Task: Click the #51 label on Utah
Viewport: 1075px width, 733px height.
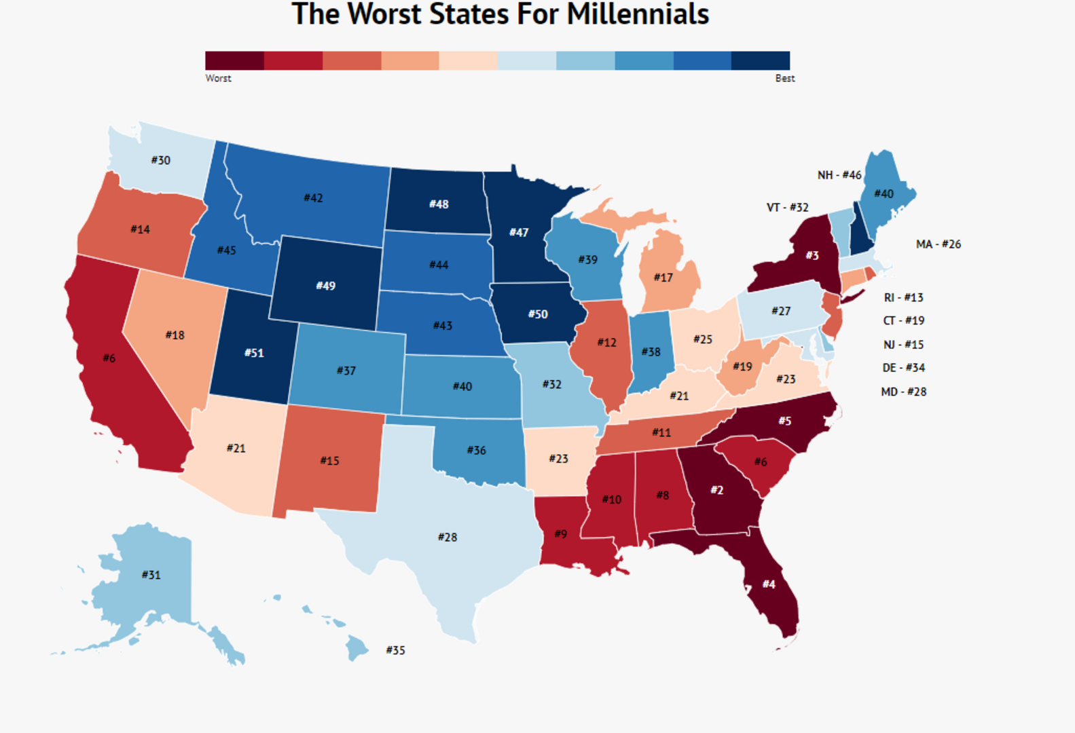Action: click(x=254, y=353)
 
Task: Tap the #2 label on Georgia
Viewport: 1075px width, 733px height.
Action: click(x=716, y=490)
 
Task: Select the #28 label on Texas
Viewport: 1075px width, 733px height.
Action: click(x=447, y=537)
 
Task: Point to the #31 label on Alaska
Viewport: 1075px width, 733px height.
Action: click(x=151, y=575)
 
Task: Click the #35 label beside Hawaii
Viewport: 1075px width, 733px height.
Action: click(x=395, y=650)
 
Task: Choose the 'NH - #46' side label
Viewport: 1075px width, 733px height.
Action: click(x=839, y=175)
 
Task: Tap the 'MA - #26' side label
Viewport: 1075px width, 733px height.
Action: click(x=938, y=244)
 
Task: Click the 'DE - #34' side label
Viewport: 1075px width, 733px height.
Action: click(x=903, y=368)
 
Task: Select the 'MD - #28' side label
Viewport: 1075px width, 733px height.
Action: click(x=903, y=392)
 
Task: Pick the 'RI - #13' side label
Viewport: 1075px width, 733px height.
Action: click(x=903, y=297)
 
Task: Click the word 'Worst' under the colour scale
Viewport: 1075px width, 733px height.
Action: click(x=218, y=79)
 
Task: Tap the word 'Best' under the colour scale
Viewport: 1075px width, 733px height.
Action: click(x=784, y=79)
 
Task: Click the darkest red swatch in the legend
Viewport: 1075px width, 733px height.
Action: click(x=234, y=60)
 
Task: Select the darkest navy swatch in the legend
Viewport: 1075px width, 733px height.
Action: click(x=761, y=60)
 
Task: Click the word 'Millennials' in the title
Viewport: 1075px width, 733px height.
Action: click(x=638, y=15)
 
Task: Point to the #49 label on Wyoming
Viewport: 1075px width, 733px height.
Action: click(x=325, y=286)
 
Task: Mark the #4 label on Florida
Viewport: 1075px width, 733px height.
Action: click(x=768, y=584)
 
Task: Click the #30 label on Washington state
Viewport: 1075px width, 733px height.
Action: click(x=160, y=160)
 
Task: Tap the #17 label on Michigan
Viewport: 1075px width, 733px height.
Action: click(x=663, y=278)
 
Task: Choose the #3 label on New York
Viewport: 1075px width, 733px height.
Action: click(x=812, y=255)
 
